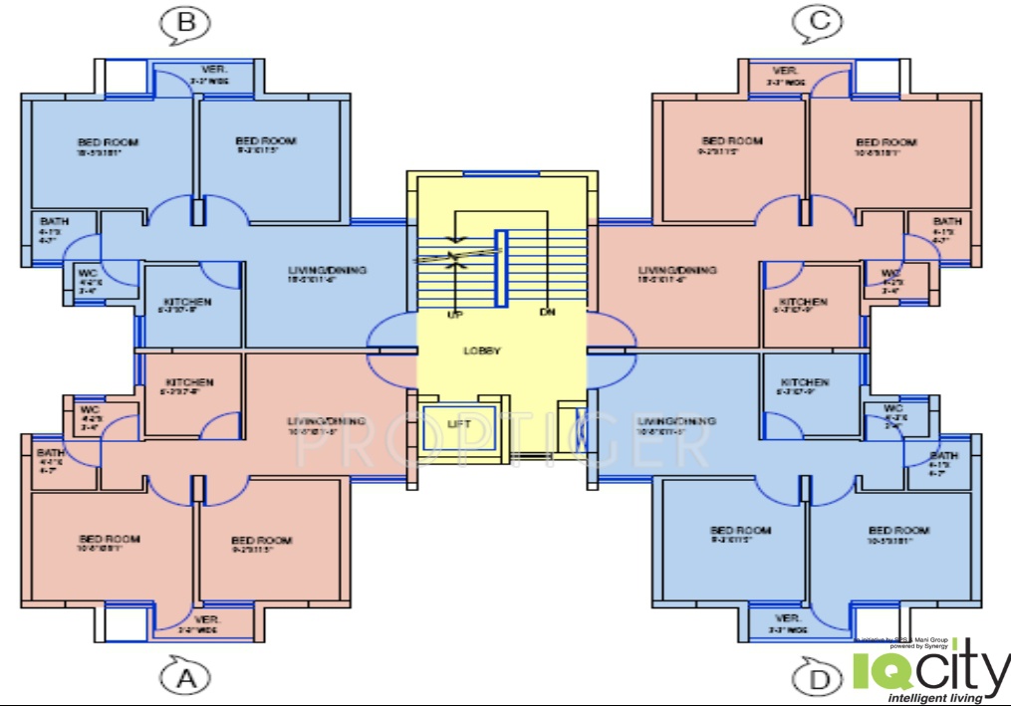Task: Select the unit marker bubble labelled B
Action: click(x=184, y=22)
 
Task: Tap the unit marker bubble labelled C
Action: click(x=817, y=21)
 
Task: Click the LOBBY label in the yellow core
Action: click(x=482, y=351)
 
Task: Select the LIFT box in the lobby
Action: click(x=458, y=424)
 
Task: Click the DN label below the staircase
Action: click(x=547, y=313)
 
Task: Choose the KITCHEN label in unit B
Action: click(x=186, y=302)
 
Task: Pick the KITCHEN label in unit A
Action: click(x=189, y=382)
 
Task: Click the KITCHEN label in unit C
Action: click(x=803, y=302)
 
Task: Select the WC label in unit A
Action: click(x=91, y=408)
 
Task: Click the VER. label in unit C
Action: click(x=786, y=71)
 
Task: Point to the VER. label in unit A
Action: click(x=207, y=619)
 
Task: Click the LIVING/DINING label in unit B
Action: click(x=327, y=270)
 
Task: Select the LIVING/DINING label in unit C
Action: click(x=677, y=270)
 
